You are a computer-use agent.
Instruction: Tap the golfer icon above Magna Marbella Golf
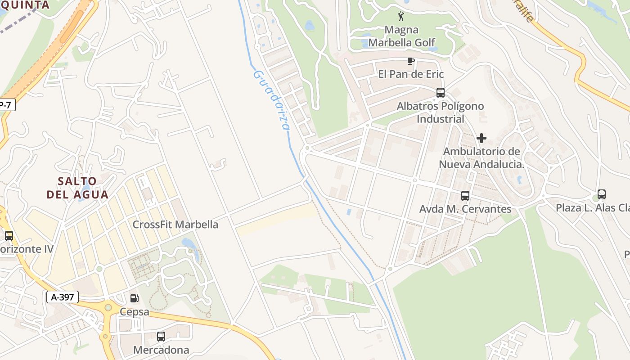[x=401, y=17]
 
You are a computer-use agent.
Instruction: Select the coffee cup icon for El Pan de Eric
[x=410, y=61]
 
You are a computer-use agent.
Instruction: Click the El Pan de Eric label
[x=411, y=74]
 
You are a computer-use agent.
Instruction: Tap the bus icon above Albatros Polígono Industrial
[x=441, y=93]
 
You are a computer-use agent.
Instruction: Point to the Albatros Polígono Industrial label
[x=440, y=112]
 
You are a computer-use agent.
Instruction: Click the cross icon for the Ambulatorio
[x=481, y=138]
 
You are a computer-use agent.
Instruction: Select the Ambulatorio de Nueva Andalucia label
[x=481, y=158]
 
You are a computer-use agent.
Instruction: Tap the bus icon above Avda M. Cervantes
[x=465, y=196]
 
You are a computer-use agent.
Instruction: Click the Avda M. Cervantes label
[x=465, y=209]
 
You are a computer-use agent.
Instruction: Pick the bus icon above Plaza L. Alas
[x=602, y=194]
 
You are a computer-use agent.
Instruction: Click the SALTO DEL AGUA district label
[x=77, y=188]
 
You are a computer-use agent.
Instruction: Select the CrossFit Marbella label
[x=175, y=225]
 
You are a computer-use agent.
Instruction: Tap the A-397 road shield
[x=63, y=297]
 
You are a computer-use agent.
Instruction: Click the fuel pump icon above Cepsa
[x=134, y=298]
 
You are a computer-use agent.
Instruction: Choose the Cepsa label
[x=134, y=311]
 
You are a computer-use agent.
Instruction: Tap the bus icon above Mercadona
[x=161, y=336]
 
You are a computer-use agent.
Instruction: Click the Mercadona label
[x=161, y=350]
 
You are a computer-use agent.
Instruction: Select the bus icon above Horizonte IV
[x=9, y=235]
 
